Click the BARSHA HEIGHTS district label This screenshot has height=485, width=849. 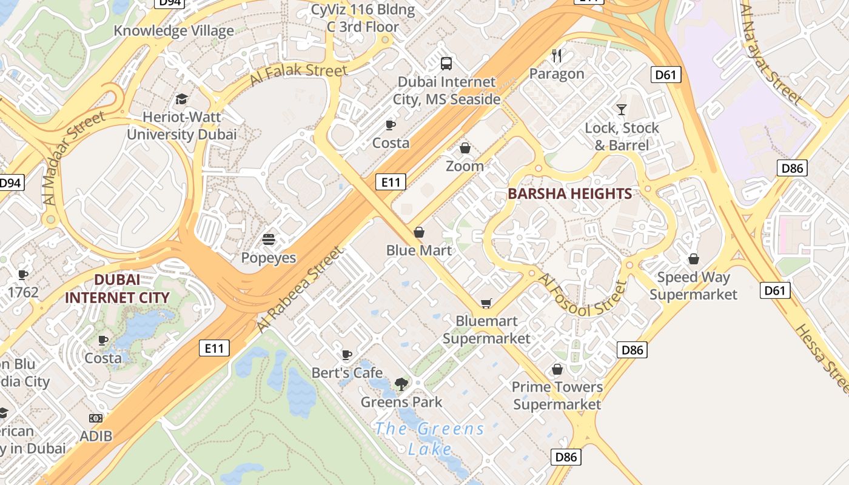coord(569,194)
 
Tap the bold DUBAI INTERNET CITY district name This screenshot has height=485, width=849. coord(116,289)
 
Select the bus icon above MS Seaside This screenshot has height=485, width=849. coord(446,63)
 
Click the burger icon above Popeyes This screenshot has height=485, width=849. coord(269,239)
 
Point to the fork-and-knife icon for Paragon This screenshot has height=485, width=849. coord(557,56)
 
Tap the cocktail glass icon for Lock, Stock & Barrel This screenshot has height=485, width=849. coord(622,110)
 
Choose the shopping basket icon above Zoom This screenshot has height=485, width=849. coord(465,148)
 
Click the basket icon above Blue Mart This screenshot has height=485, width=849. coord(418,232)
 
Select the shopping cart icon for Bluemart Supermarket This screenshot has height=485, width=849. coord(486,303)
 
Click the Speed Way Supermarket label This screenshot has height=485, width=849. coord(693,286)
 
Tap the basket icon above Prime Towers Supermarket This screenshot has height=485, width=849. coord(557,369)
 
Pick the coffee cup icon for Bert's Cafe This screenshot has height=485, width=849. coord(347,355)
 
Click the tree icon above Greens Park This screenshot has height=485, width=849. coord(401,383)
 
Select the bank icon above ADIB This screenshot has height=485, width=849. coord(96,418)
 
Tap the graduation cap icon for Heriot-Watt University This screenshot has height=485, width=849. coord(181,99)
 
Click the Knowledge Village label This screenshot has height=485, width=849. coord(173,30)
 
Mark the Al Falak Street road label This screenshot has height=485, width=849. coord(298,76)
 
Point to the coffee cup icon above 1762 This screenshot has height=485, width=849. coord(23,275)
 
